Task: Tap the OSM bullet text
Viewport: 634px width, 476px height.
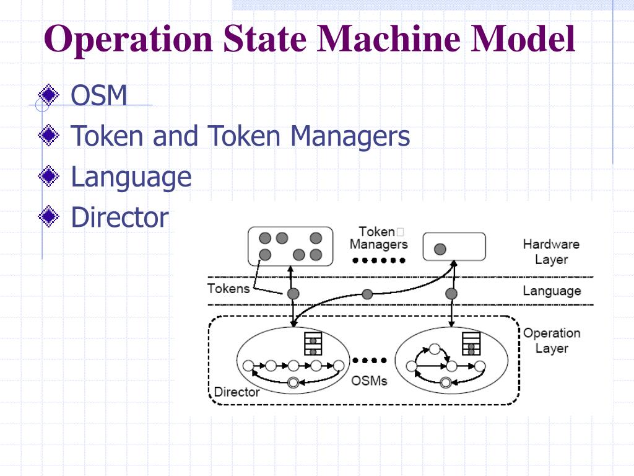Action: point(99,95)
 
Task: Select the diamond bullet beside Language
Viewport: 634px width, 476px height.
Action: point(48,177)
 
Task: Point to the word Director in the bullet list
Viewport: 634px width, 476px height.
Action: point(119,218)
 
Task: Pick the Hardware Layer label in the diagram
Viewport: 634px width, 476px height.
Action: point(551,252)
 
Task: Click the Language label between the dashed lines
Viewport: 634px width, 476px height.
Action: point(552,291)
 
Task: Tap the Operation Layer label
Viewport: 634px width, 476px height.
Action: point(552,340)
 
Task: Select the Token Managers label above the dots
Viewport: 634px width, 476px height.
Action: point(378,238)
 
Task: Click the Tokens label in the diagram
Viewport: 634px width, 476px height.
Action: point(228,288)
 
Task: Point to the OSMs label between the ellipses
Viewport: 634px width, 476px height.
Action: point(369,380)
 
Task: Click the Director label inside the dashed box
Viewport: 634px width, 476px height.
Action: point(237,392)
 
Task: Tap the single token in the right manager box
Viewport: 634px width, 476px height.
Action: point(440,249)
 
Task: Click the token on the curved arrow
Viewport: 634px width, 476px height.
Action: point(368,294)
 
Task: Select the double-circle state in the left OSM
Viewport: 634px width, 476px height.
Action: point(293,382)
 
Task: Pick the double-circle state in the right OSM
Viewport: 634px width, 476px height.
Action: point(445,382)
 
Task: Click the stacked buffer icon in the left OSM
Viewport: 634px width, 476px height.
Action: point(313,343)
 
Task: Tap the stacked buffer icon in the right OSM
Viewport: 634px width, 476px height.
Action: point(471,343)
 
